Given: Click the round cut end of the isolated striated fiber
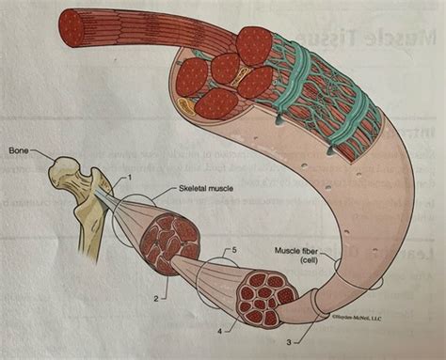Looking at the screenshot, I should (x=72, y=28).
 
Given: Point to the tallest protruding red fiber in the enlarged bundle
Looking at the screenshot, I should (x=254, y=45).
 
